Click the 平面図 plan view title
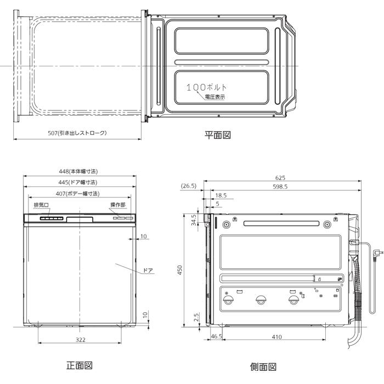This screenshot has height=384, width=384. [x=218, y=135]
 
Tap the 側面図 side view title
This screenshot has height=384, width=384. [x=263, y=366]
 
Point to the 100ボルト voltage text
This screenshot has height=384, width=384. [x=206, y=88]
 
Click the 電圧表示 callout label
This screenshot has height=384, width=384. [x=214, y=97]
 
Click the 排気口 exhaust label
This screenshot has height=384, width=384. [x=41, y=205]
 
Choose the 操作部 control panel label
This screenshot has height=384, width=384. [x=117, y=205]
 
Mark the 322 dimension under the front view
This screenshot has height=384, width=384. [x=81, y=340]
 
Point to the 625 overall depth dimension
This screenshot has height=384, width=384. [x=280, y=178]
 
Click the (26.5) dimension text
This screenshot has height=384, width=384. [x=189, y=187]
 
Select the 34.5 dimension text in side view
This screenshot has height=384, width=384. [x=194, y=221]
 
